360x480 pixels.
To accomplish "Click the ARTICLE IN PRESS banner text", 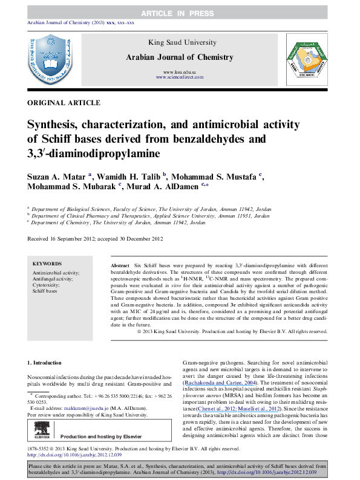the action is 179,13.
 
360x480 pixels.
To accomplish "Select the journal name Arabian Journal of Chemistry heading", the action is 178,57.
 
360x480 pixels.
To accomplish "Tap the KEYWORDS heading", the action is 46,264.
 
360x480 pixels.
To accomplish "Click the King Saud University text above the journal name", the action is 178,42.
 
